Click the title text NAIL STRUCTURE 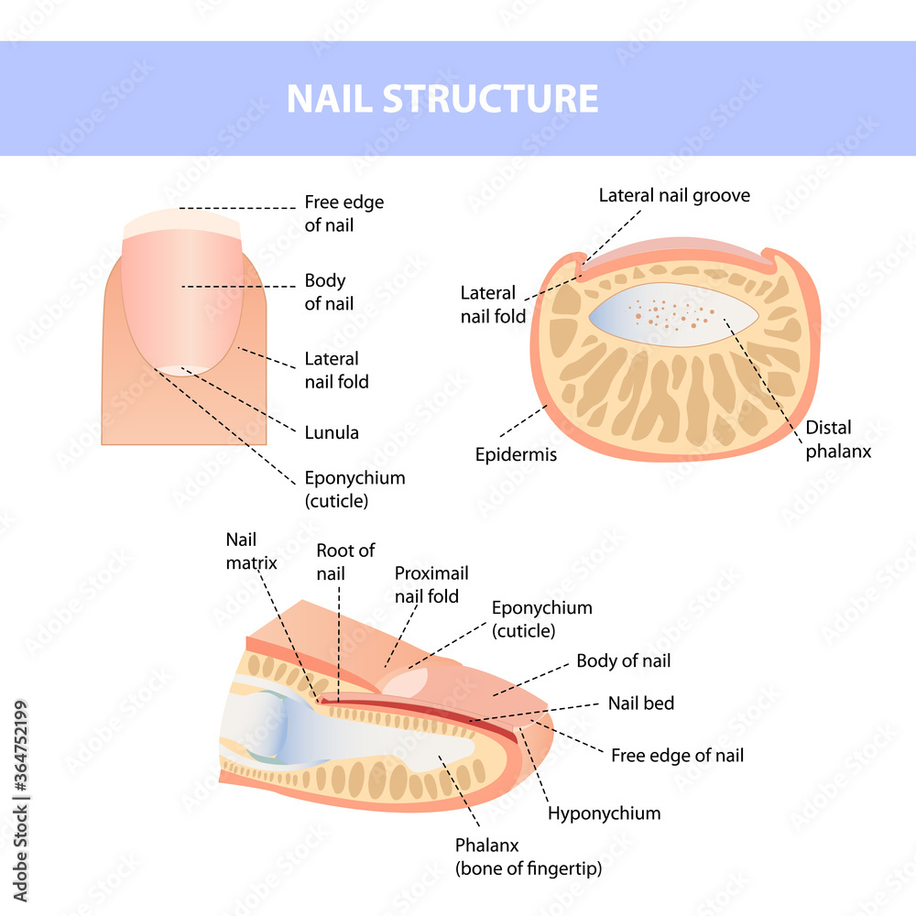point(442,99)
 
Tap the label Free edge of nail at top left point(343,213)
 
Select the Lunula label point(331,432)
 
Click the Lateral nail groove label point(674,195)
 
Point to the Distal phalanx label point(837,440)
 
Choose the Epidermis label point(516,454)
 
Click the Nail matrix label point(251,550)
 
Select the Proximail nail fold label point(431,584)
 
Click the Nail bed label point(641,703)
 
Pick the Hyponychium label point(604,812)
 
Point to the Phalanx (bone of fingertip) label point(529,856)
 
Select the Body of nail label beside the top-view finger point(325,291)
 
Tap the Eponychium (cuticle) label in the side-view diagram point(541,618)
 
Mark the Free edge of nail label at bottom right point(677,756)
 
